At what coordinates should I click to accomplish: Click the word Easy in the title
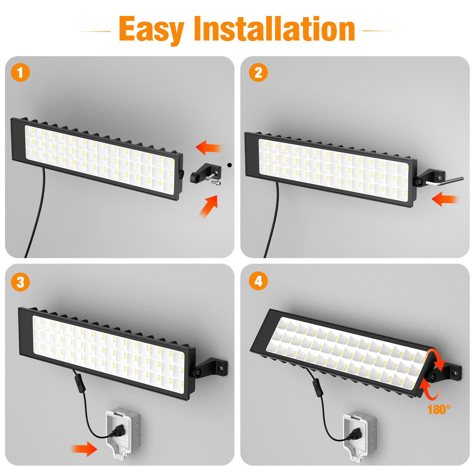pyautogui.click(x=152, y=30)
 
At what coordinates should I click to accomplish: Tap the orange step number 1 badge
pyautogui.click(x=20, y=72)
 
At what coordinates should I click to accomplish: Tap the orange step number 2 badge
pyautogui.click(x=258, y=72)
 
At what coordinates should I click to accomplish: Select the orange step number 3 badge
pyautogui.click(x=20, y=282)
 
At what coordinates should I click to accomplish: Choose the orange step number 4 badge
pyautogui.click(x=258, y=281)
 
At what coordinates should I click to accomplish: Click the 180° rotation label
pyautogui.click(x=439, y=410)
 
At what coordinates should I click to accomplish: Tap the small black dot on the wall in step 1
pyautogui.click(x=229, y=165)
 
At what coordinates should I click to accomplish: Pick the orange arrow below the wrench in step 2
pyautogui.click(x=445, y=199)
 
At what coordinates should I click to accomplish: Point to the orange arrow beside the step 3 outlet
pyautogui.click(x=84, y=449)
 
